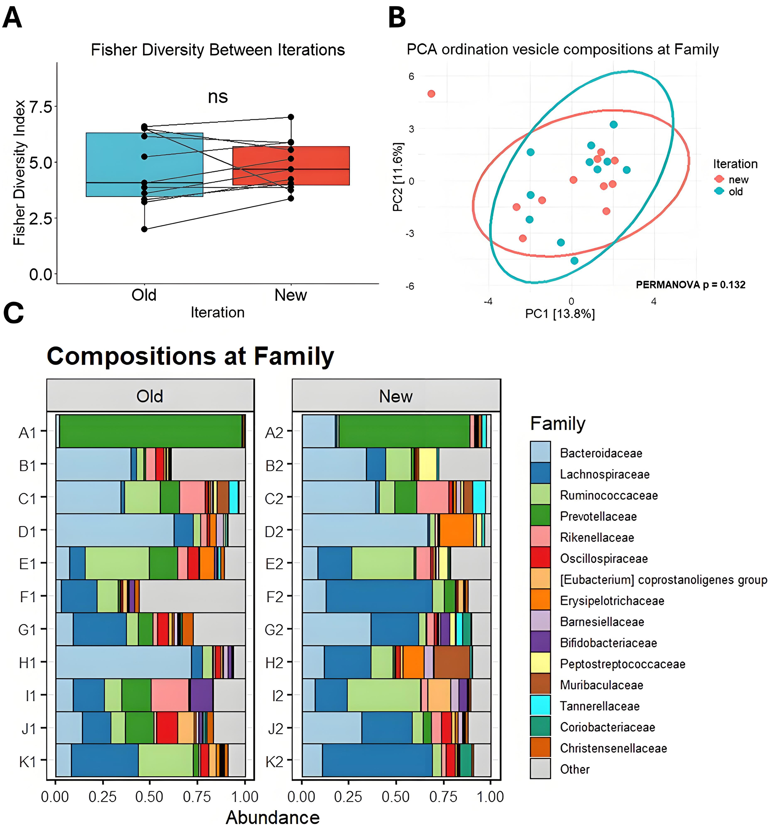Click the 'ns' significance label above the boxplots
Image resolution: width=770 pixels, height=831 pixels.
tap(218, 97)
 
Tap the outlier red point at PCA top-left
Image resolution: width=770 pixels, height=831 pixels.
tap(431, 94)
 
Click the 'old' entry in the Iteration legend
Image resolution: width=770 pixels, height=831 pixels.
tap(735, 192)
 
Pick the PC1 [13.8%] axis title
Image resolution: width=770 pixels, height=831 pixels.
tap(560, 313)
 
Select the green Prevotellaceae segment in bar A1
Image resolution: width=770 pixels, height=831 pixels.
tap(150, 431)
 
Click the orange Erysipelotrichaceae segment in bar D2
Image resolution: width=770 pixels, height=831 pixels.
tap(457, 530)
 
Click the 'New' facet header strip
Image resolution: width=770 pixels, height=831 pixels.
tap(396, 396)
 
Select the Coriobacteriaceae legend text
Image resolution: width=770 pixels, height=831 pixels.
tap(607, 727)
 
